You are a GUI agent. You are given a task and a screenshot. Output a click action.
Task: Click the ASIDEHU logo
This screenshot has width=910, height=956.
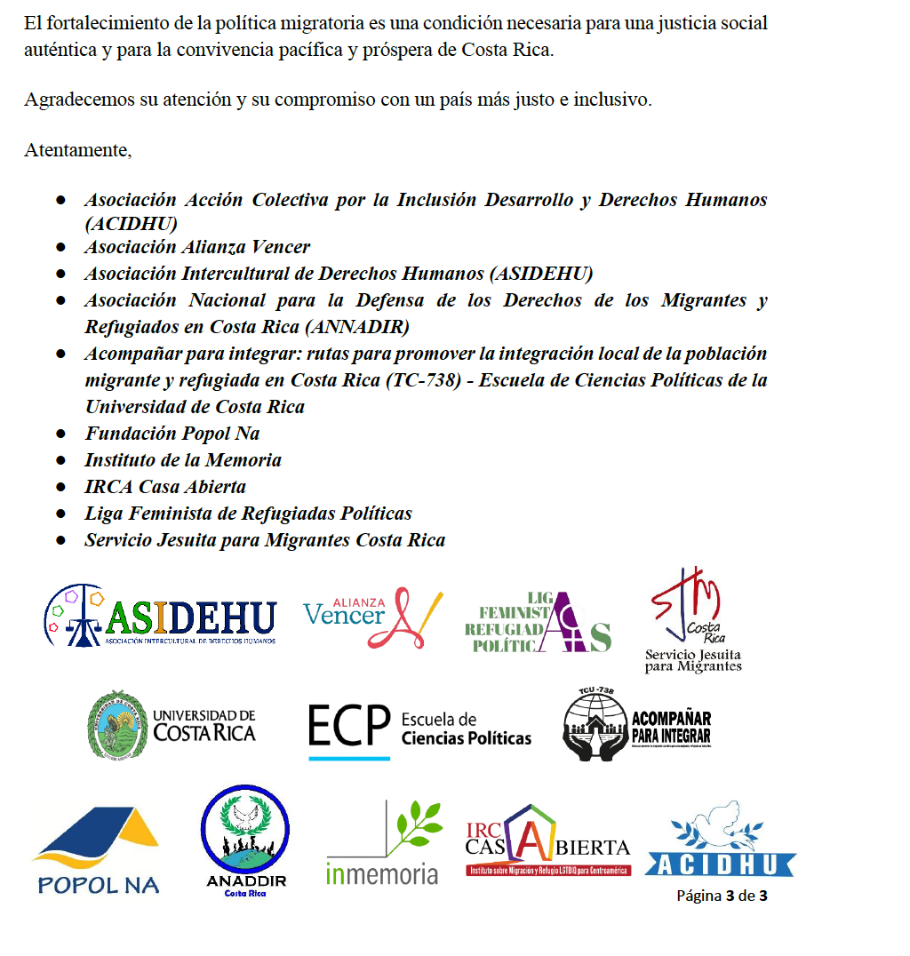coord(160,615)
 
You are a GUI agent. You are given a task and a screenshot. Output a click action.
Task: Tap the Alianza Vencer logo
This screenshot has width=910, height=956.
coord(372,616)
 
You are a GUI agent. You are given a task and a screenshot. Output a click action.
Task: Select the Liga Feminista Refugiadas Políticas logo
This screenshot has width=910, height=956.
coord(538,622)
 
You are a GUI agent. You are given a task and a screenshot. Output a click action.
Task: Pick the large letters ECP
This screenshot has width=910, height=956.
coord(349,726)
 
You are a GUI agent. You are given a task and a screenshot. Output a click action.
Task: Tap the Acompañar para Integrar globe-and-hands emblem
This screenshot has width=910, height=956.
coord(595,726)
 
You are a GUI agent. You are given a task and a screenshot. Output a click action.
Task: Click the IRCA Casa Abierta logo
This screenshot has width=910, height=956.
coord(547,842)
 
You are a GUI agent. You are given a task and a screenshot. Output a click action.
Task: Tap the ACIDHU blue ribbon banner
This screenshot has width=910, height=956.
coord(721,864)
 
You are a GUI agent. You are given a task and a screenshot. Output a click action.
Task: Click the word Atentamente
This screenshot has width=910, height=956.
coord(77,150)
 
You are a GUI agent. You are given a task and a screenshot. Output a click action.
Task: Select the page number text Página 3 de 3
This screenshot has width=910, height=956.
coord(722,896)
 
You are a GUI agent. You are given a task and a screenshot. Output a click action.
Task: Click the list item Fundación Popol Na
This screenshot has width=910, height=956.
coord(172,434)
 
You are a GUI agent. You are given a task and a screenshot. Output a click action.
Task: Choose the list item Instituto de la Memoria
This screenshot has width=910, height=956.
coord(183,460)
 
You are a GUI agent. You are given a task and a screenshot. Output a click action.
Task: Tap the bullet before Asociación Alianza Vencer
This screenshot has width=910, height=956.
coord(61,247)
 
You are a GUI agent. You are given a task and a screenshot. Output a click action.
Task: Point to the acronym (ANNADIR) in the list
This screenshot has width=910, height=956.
coord(356,327)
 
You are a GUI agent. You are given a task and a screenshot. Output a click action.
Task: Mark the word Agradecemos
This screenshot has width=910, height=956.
coord(78,100)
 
